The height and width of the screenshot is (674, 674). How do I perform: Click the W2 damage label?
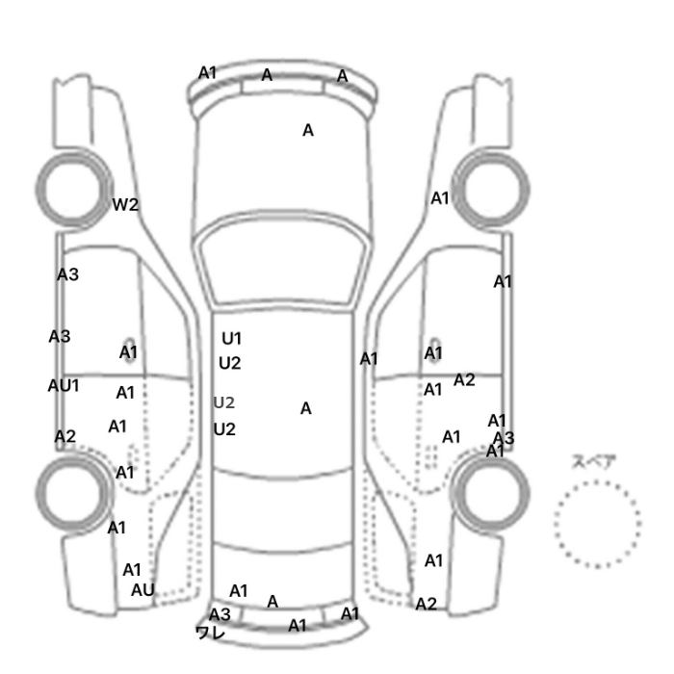tap(125, 204)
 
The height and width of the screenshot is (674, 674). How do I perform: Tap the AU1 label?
tap(64, 385)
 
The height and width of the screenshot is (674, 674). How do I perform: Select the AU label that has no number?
tap(143, 590)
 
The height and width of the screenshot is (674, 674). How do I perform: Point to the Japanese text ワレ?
tap(210, 633)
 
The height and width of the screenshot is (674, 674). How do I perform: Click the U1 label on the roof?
tap(231, 339)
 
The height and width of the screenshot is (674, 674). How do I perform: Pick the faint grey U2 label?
tap(224, 402)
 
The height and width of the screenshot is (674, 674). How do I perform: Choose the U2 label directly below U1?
tap(229, 364)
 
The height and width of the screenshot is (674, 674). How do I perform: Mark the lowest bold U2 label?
tap(224, 429)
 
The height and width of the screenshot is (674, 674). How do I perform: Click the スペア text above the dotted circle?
tap(588, 461)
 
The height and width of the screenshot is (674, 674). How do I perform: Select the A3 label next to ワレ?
tap(220, 614)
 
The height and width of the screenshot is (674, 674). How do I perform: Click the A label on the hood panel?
tap(308, 130)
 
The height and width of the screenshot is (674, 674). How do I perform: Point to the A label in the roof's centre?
tap(305, 408)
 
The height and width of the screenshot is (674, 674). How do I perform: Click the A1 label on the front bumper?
tap(207, 73)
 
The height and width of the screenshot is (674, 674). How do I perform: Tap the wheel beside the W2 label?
tap(73, 190)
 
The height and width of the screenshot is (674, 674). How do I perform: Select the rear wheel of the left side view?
tap(73, 493)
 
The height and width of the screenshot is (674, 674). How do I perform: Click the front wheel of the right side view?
tap(491, 190)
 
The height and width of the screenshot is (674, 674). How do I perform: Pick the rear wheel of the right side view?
tap(491, 493)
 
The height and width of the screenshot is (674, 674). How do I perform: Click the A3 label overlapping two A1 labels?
tap(504, 438)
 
